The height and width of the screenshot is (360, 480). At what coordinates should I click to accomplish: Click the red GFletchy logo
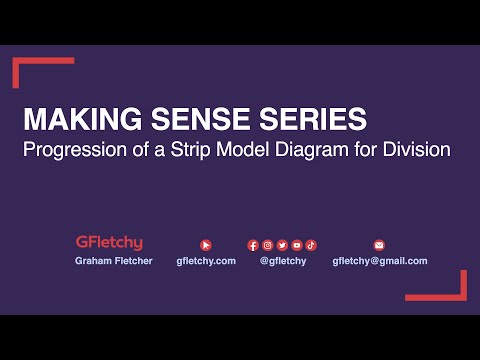tap(109, 243)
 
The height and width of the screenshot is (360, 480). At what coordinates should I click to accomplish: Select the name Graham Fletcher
tap(113, 261)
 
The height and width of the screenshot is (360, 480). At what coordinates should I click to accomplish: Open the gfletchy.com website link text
tap(206, 261)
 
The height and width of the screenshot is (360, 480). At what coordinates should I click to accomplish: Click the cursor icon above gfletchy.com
tap(206, 244)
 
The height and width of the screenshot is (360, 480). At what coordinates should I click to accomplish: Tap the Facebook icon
tap(253, 245)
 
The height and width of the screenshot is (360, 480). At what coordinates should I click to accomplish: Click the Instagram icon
tap(268, 245)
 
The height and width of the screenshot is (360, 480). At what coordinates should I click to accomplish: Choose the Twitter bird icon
tap(282, 245)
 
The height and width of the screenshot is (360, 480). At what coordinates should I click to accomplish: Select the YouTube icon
tap(297, 245)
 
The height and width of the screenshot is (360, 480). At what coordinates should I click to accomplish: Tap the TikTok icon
tap(311, 245)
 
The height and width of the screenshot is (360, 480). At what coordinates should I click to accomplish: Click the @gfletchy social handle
tap(283, 261)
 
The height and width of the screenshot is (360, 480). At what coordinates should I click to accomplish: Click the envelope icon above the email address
tap(379, 244)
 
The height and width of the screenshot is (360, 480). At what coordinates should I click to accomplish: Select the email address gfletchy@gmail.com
tap(380, 261)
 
